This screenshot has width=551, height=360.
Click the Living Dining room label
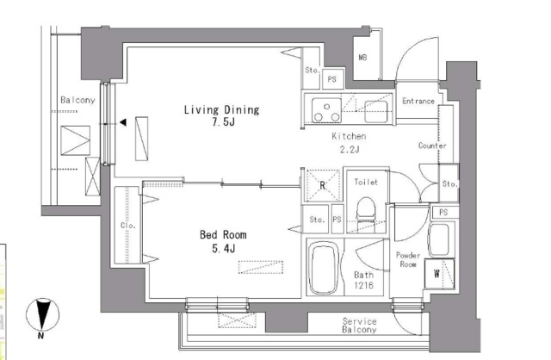click(x=222, y=110)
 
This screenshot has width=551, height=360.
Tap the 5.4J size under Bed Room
click(x=224, y=249)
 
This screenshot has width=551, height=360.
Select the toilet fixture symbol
click(x=366, y=209)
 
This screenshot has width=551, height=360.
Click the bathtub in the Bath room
click(x=324, y=269)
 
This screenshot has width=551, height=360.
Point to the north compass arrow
click(x=43, y=315)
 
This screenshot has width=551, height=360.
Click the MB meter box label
click(x=362, y=57)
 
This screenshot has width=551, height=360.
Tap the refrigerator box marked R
click(x=323, y=185)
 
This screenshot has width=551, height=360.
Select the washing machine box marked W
click(x=439, y=274)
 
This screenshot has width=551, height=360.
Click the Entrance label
click(x=418, y=102)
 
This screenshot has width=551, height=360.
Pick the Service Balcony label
click(x=360, y=326)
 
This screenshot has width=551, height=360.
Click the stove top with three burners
click(x=327, y=110)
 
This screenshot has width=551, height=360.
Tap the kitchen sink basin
click(x=376, y=111)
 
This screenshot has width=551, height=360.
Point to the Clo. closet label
click(x=128, y=226)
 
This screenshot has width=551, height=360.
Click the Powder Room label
click(x=408, y=259)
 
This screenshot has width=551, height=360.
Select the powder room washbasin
click(x=438, y=239)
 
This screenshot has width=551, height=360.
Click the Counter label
click(x=432, y=146)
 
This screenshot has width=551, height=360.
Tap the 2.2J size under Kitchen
click(x=350, y=149)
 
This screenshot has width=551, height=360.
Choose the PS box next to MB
click(x=332, y=79)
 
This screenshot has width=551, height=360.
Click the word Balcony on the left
click(x=77, y=100)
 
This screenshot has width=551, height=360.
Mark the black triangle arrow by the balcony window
click(x=123, y=122)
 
